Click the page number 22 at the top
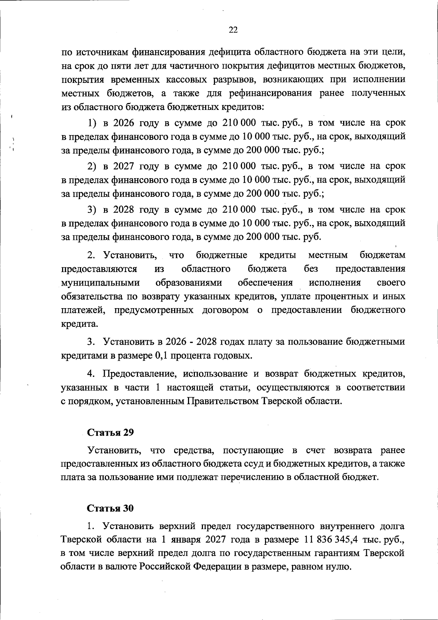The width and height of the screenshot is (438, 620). tap(233, 30)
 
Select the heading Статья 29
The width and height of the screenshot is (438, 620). tap(110, 432)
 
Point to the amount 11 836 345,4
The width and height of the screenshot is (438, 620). tap(330, 540)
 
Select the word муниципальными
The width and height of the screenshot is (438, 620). tap(100, 283)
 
